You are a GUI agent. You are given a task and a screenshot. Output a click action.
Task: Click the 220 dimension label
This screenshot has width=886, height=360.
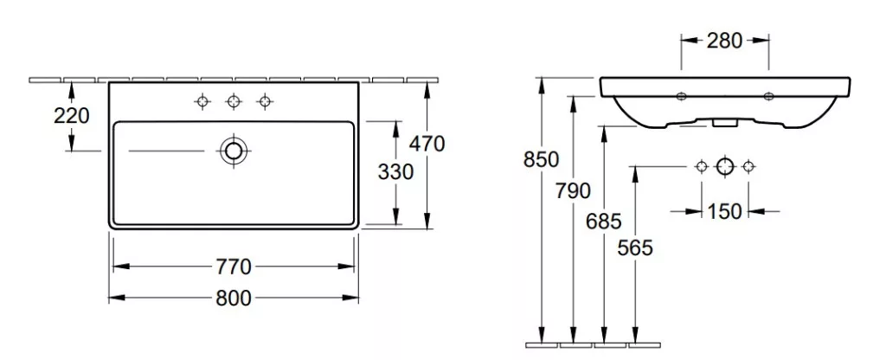pos(72,116)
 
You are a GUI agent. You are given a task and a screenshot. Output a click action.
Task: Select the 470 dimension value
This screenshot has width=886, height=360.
pos(427,145)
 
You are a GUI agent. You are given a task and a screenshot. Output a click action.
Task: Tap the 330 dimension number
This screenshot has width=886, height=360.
pos(395,172)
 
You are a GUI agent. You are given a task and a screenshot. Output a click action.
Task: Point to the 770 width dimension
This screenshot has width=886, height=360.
pos(234,267)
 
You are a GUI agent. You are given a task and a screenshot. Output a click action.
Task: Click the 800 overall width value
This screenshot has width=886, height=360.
pos(234,298)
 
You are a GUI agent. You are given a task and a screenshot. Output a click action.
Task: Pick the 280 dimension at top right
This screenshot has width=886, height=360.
pos(724,41)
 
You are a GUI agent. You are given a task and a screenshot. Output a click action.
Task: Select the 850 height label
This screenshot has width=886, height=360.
pos(542,160)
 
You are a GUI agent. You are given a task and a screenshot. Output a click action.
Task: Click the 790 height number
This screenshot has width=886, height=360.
pos(573,191)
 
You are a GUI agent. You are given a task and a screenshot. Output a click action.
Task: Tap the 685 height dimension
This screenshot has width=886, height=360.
pos(603,222)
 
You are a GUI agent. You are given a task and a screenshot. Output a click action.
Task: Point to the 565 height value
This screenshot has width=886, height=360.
pos(635,247)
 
